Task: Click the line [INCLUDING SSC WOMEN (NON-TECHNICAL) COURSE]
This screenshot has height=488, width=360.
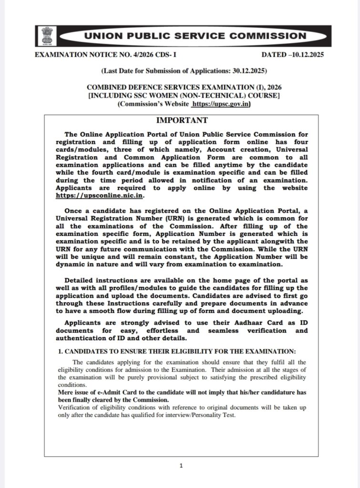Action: [x=180, y=97]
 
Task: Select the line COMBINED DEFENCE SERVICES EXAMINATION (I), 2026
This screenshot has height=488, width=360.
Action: [x=180, y=89]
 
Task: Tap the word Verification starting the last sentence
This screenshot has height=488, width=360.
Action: [x=73, y=407]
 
